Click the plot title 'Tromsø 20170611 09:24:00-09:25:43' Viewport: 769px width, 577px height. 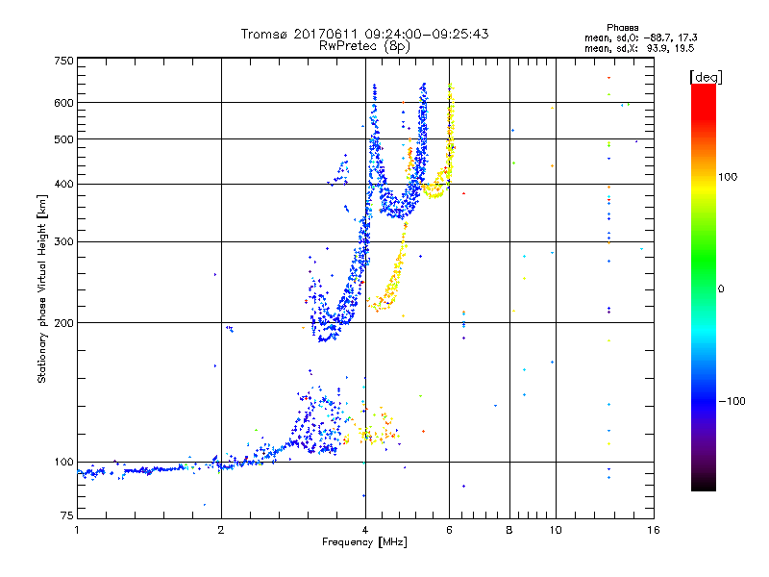click(x=364, y=34)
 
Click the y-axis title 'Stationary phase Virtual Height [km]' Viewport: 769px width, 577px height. click(x=42, y=288)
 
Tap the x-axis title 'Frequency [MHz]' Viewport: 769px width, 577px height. click(x=364, y=541)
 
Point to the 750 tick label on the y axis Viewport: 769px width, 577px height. click(x=63, y=61)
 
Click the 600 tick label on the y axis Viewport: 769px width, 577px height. click(x=63, y=103)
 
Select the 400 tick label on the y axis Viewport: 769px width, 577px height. click(x=63, y=184)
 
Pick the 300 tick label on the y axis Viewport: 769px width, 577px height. click(x=63, y=241)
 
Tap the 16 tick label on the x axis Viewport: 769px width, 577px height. click(x=652, y=530)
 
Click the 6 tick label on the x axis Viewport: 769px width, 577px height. click(x=449, y=530)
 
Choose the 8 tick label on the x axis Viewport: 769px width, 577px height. click(x=510, y=530)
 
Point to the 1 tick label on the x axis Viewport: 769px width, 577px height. click(x=78, y=530)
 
